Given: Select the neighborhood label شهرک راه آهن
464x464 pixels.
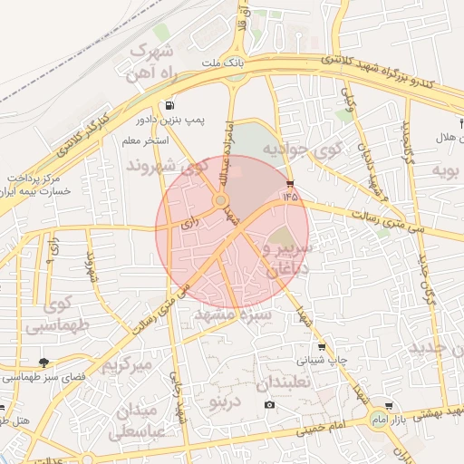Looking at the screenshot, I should [151, 62].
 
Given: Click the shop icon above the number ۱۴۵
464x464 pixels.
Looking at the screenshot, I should [289, 183].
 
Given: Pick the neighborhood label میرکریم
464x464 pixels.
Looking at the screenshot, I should [126, 366].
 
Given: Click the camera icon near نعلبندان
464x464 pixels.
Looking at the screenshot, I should [269, 403].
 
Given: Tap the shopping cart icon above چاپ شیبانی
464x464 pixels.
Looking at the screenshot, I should [322, 347].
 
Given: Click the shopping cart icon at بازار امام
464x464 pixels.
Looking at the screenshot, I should [389, 406].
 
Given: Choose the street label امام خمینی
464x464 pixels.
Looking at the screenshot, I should [318, 422].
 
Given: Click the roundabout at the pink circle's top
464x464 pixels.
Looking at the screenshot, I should [220, 200].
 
